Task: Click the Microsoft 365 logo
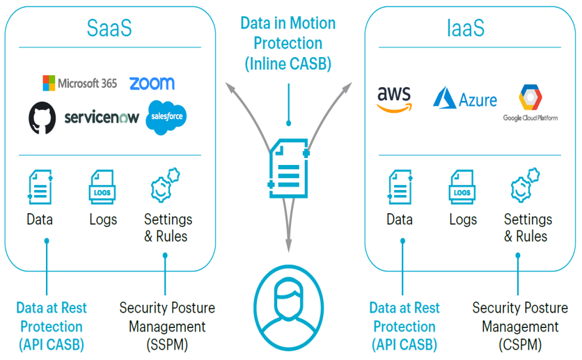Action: (79, 83)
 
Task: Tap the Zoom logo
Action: (152, 83)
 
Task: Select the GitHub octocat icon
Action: (42, 118)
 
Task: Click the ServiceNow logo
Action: (102, 118)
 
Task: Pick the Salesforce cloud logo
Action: (166, 117)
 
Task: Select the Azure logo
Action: (464, 98)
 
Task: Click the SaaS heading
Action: (109, 29)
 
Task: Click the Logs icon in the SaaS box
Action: (102, 187)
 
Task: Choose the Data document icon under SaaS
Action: (40, 187)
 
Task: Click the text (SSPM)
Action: (166, 344)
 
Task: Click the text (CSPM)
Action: (520, 344)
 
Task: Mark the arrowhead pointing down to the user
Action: (288, 245)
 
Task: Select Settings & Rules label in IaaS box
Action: (528, 228)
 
